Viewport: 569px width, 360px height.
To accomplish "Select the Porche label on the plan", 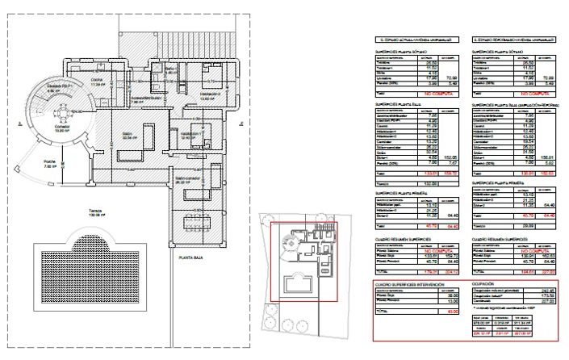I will [50, 162].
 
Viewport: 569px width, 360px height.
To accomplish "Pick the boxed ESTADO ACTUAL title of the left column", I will [412, 38].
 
